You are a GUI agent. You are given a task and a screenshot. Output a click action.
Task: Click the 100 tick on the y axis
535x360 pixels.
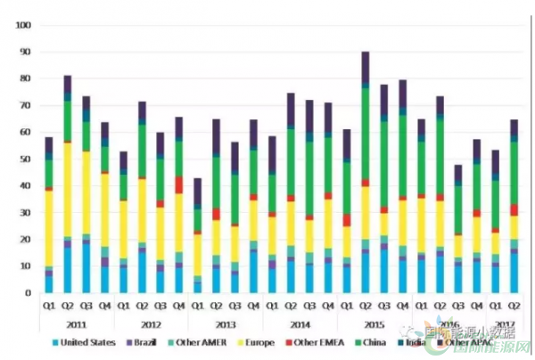23,25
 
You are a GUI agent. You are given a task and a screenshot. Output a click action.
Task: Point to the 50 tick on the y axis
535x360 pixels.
25,159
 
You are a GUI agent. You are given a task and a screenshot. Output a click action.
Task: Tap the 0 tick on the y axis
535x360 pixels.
28,292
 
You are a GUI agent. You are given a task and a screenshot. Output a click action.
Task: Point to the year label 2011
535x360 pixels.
77,324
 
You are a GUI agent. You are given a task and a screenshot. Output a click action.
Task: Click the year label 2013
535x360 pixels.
227,324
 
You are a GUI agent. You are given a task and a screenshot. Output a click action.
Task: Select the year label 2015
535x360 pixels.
374,324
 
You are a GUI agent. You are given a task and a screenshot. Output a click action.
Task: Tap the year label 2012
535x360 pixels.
152,324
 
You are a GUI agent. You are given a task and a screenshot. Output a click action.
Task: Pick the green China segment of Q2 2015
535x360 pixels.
366,134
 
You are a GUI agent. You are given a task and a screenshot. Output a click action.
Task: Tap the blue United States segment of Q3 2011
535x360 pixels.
86,267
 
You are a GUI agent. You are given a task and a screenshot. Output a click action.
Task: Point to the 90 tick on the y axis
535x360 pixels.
25,52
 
